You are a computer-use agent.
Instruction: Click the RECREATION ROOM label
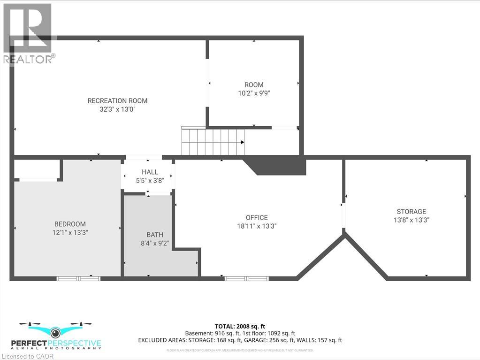click(117, 101)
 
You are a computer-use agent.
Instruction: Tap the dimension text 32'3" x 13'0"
click(117, 109)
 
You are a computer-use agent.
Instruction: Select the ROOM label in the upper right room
click(254, 85)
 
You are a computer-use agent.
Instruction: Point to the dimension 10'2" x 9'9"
click(254, 93)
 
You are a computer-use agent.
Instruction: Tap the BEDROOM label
click(70, 224)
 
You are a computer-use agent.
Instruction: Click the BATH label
click(155, 235)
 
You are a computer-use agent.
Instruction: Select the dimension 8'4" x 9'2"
click(155, 243)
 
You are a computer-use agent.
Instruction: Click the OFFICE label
click(257, 217)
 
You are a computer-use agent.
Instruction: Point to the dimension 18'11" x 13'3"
click(257, 226)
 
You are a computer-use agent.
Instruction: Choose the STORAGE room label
click(411, 212)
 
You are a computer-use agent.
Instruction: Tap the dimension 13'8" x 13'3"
click(411, 220)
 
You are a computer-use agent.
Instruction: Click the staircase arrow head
click(242, 142)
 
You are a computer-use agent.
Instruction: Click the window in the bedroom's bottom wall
click(78, 278)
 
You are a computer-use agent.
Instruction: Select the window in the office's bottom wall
click(246, 278)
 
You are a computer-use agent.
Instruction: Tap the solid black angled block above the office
click(277, 166)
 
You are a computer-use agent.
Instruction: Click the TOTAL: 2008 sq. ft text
click(240, 326)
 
